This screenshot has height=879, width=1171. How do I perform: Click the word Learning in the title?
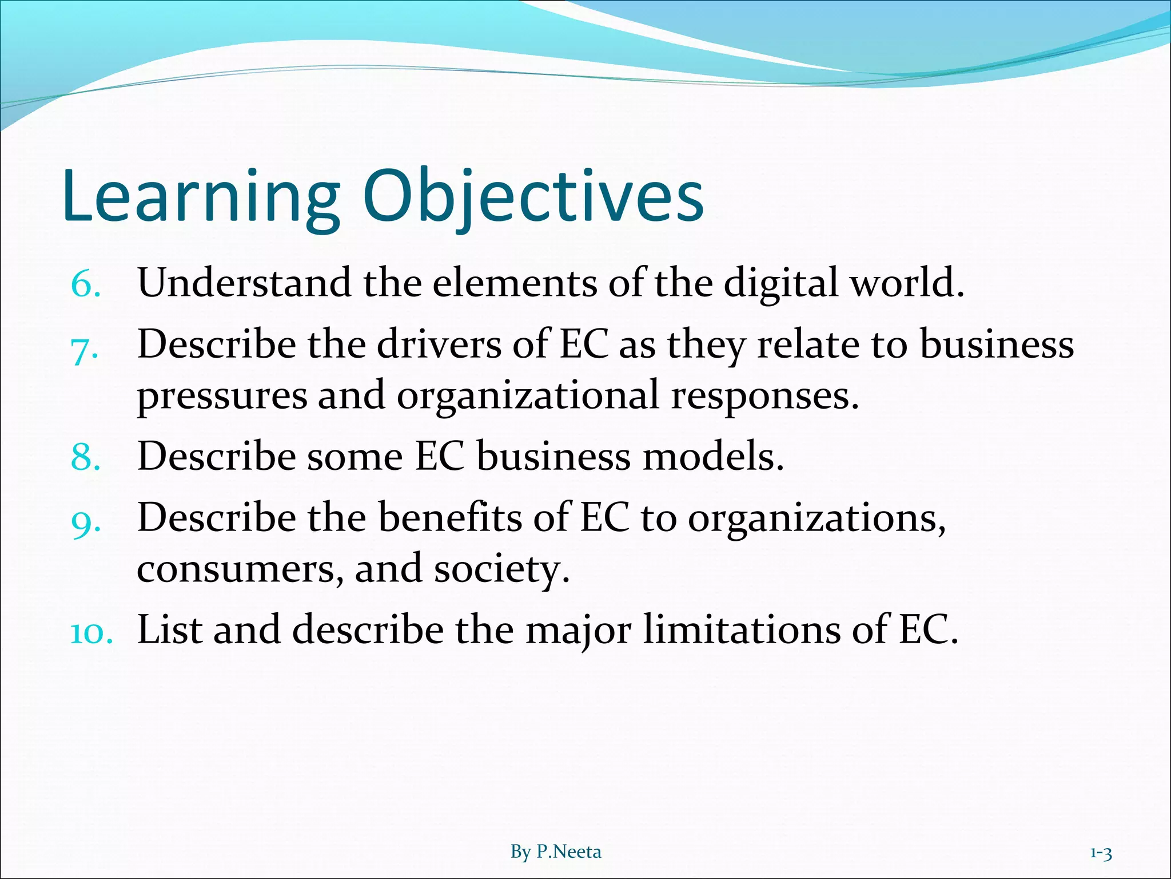point(200,197)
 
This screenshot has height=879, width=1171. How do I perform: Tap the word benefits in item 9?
point(449,518)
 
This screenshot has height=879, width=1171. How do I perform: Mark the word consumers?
point(240,569)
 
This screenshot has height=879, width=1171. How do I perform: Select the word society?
point(501,570)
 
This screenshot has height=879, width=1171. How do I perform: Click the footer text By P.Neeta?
point(556,852)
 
